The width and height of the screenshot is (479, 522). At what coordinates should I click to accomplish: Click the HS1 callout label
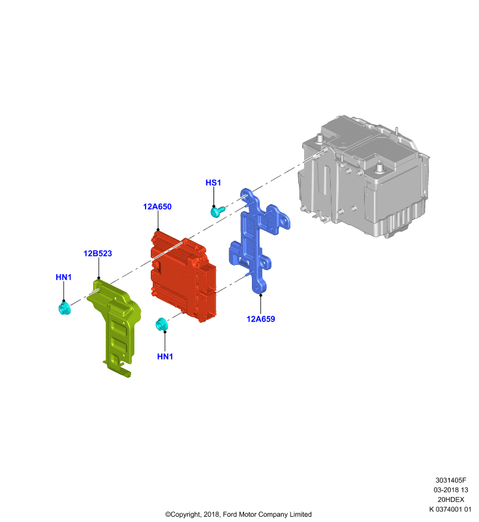point(213,183)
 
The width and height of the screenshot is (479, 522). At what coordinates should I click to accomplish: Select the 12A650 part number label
point(157,206)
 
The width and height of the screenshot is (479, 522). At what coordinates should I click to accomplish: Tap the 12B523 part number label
point(97,253)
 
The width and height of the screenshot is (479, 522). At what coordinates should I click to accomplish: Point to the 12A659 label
point(260,319)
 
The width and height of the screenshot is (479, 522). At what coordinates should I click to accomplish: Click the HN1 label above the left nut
point(63,277)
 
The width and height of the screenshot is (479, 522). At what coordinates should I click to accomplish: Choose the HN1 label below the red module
point(165,356)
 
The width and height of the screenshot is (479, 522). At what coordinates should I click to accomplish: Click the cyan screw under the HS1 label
point(217,211)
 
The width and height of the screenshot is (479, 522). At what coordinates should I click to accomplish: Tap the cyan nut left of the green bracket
point(64,309)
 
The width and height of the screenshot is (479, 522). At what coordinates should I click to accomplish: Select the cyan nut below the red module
point(161,324)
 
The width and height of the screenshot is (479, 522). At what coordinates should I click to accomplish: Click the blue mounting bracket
point(258,239)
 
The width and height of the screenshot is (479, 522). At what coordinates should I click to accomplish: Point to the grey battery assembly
point(363,176)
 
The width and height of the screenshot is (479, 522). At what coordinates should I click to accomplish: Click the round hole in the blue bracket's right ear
point(284,221)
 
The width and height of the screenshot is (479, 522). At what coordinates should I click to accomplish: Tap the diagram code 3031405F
point(451,480)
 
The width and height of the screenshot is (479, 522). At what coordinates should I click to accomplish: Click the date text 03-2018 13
point(451,490)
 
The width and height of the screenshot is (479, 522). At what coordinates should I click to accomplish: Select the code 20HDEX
point(451,499)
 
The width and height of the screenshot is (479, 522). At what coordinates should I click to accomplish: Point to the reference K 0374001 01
point(450,509)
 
